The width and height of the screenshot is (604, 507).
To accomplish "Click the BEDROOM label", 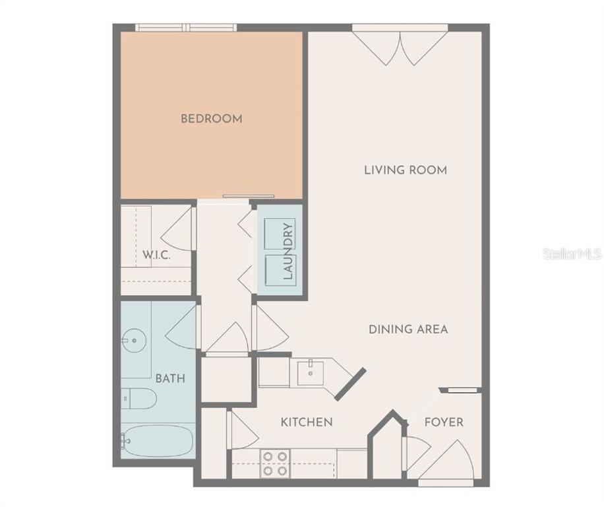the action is tap(212, 118).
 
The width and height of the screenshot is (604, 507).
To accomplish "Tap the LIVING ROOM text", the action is tap(406, 170).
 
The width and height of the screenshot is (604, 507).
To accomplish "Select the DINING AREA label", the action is tap(408, 329).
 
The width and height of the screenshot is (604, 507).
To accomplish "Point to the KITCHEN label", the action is tap(307, 422).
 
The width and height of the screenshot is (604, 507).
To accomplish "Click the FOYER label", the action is tap(444, 422).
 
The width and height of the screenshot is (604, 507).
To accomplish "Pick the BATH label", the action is tap(170, 378).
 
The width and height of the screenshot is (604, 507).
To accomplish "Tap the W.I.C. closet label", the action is tap(156, 255).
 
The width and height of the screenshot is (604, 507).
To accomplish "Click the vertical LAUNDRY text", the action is tap(288, 251).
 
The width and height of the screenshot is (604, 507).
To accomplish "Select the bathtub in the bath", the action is tap(157, 441).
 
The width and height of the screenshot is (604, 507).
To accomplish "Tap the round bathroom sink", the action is tap(134, 341).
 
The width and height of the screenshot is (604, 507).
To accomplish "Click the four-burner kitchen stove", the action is tap(275, 464).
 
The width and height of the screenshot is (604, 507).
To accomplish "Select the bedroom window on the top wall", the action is tap(186, 27).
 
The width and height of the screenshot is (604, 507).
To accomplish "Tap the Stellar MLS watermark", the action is tap(572, 253).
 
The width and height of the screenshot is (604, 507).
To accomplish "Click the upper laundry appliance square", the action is tap(280, 234).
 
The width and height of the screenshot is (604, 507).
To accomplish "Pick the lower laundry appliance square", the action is tap(280, 270).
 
